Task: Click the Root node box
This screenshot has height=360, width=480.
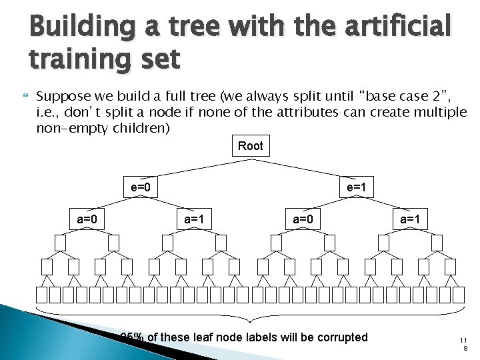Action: pos(250,146)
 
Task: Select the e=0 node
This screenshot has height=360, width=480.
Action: pos(140,187)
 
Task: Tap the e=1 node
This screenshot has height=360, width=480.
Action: pos(356,187)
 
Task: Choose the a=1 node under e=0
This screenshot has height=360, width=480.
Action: pos(193,218)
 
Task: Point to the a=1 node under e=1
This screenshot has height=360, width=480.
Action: pos(409,218)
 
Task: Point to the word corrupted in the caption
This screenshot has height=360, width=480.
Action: pos(336,337)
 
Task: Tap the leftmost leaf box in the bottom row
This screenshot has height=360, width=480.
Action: pos(42,295)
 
